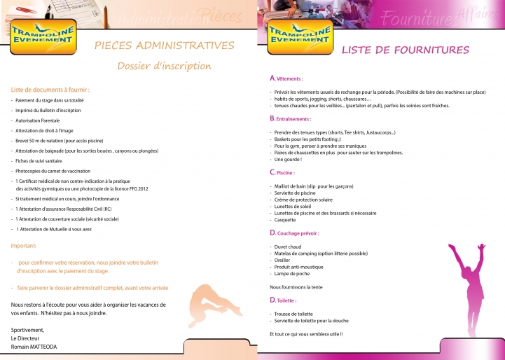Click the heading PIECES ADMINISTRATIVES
point(165,46)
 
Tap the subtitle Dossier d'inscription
point(164,67)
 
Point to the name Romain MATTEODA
point(34,347)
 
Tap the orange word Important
point(23,246)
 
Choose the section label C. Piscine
point(282,172)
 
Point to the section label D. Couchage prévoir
point(294,233)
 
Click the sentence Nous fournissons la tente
point(296,286)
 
